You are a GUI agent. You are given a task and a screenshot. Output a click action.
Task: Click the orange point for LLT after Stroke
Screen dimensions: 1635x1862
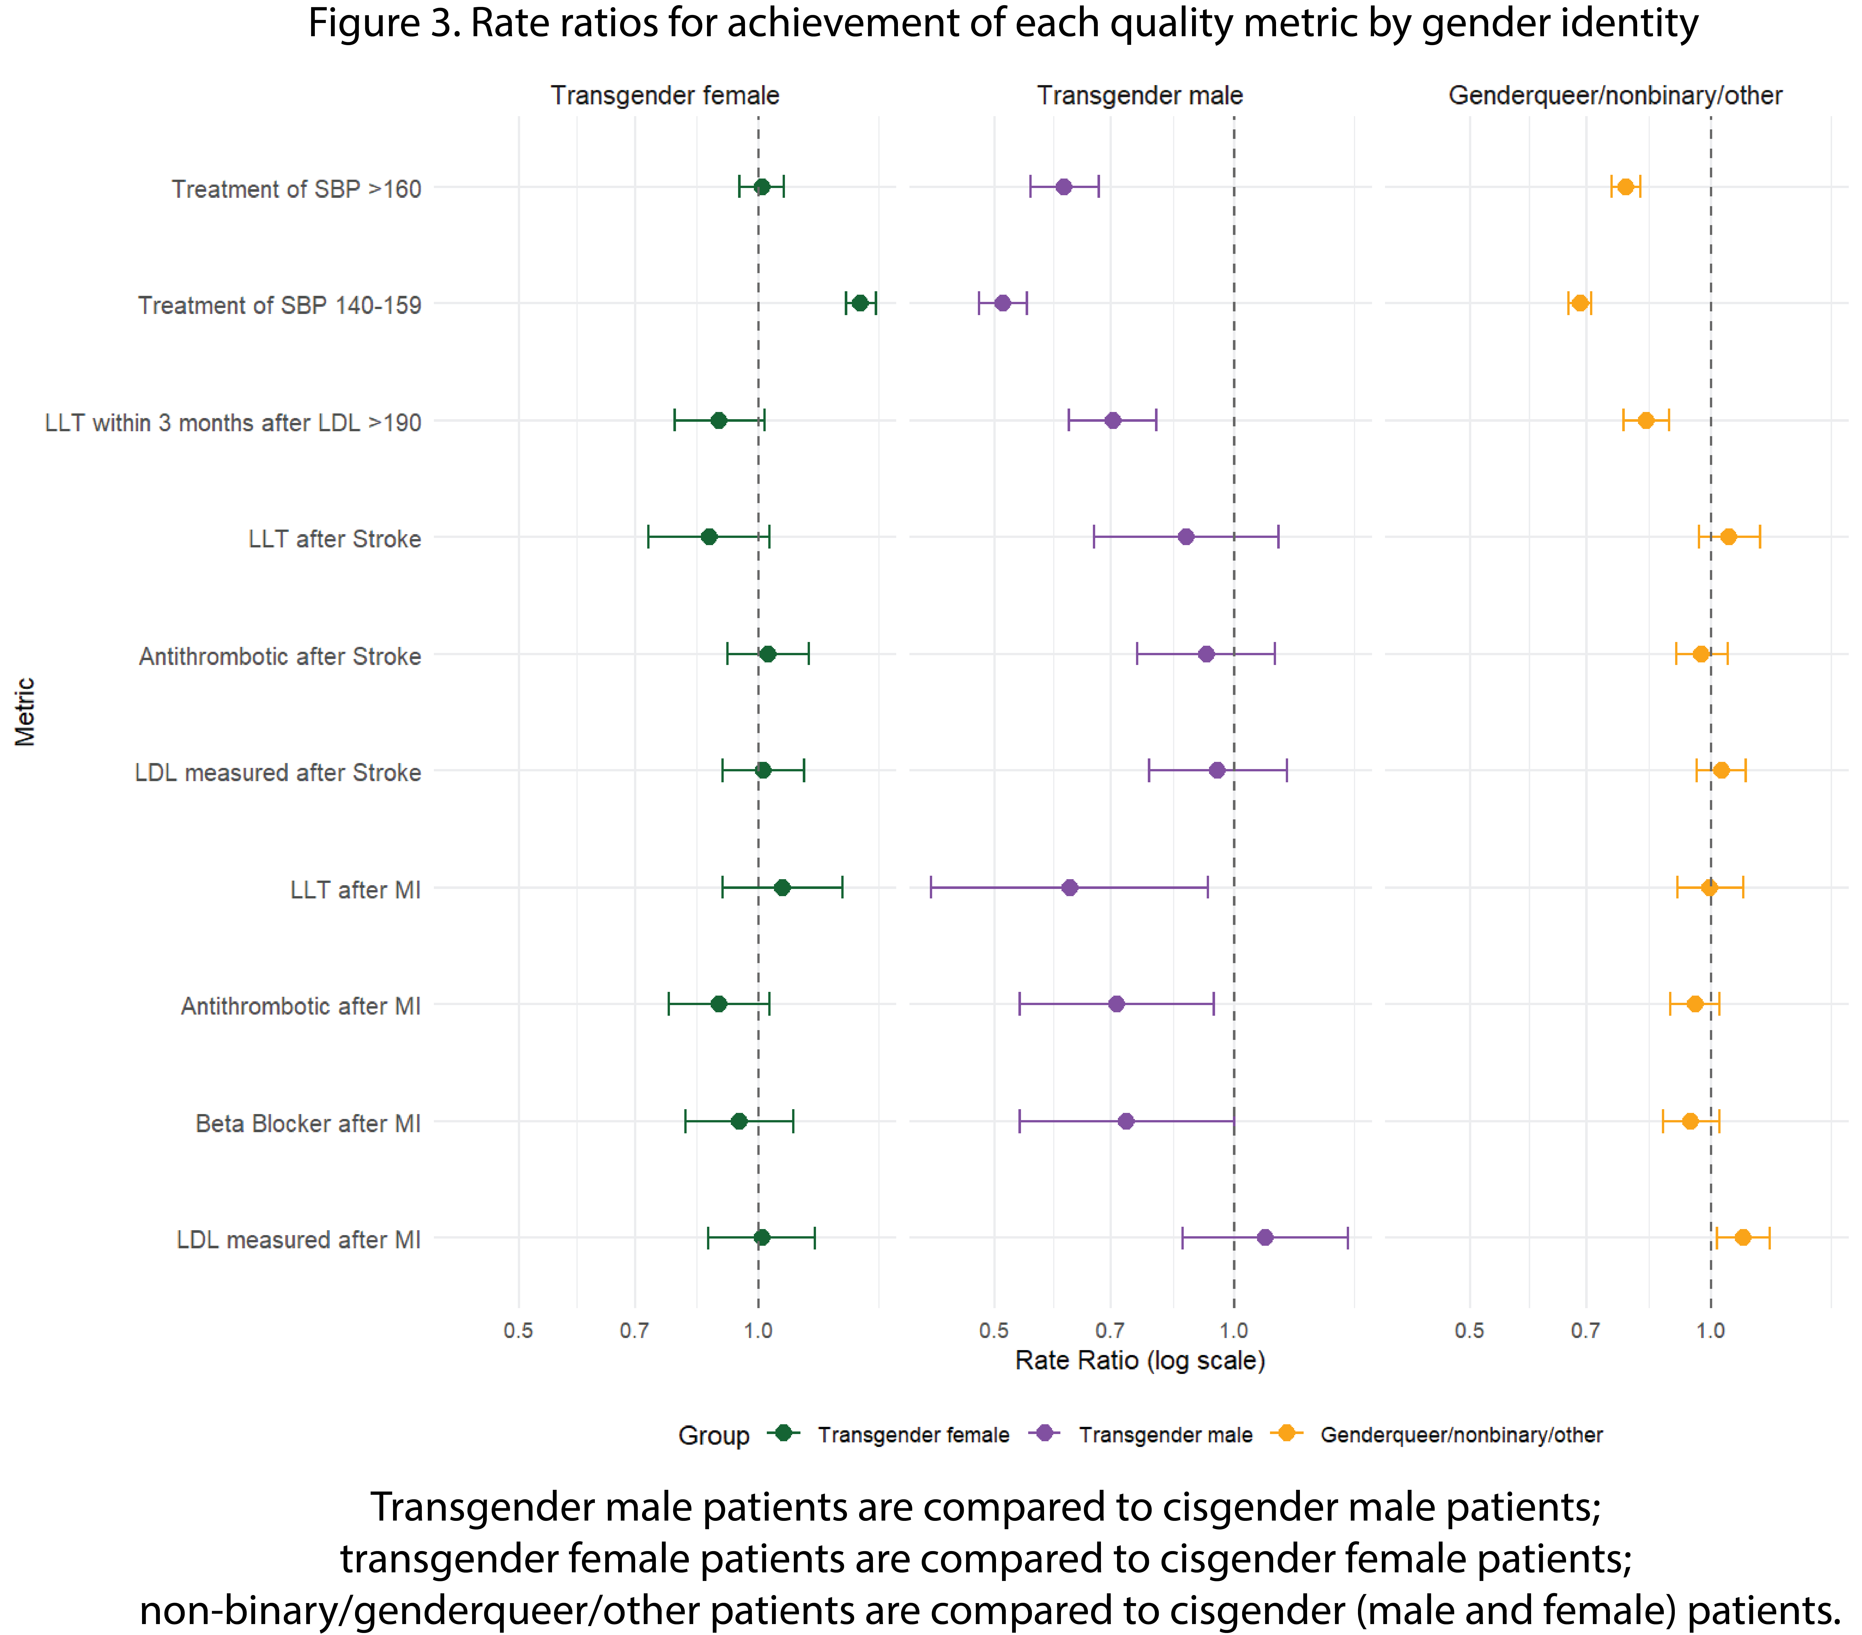[x=1728, y=536]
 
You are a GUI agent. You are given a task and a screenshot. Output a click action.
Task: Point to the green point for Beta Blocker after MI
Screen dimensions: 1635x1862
[x=739, y=1120]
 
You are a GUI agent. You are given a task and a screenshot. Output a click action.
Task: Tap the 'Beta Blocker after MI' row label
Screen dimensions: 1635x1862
[x=308, y=1123]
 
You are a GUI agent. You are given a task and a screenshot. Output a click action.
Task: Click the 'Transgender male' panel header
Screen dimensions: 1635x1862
[x=1140, y=96]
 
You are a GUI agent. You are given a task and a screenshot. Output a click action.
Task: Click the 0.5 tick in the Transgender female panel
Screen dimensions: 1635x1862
[x=518, y=1331]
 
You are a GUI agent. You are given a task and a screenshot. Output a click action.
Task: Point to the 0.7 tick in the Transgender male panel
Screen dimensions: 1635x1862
[x=1110, y=1331]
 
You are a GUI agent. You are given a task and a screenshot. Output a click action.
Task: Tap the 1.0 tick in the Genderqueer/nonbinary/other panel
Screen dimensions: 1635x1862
[x=1710, y=1331]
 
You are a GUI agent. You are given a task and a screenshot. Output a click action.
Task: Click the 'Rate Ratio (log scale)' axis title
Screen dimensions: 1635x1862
[x=1140, y=1361]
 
